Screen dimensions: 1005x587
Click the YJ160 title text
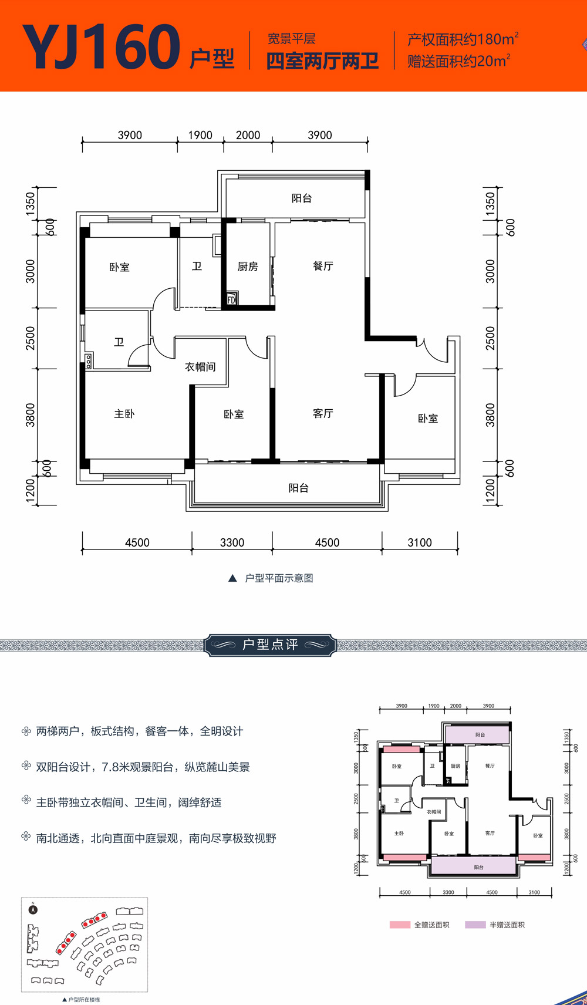click(x=101, y=47)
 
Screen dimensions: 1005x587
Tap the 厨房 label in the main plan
click(x=248, y=267)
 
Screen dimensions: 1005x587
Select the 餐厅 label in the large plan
click(x=323, y=266)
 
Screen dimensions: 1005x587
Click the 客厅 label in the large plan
click(x=323, y=413)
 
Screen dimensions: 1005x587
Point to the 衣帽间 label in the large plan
click(x=200, y=367)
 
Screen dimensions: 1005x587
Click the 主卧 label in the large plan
click(x=124, y=414)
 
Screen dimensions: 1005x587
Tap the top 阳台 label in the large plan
click(x=302, y=198)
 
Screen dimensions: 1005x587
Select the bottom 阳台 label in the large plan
click(x=298, y=488)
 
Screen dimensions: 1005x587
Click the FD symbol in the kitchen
click(x=231, y=299)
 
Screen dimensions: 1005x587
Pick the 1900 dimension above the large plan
click(x=200, y=135)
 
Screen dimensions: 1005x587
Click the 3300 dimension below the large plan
click(x=232, y=542)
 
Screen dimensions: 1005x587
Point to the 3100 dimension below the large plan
click(x=420, y=542)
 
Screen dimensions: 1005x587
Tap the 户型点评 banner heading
click(x=270, y=645)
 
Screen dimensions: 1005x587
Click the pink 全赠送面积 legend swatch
click(x=400, y=925)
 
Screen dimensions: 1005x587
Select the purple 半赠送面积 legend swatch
click(x=475, y=925)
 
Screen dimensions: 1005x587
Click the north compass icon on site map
click(x=33, y=909)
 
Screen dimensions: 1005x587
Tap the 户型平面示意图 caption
click(x=278, y=578)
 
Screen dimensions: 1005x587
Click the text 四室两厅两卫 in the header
click(x=322, y=61)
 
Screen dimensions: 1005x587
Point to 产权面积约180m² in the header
click(x=463, y=39)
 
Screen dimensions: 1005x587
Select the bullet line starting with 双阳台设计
click(x=143, y=767)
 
